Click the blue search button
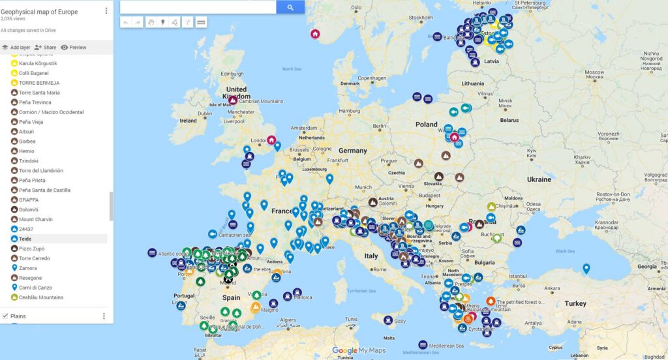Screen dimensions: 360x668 pos(290,7)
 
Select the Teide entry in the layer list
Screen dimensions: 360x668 pos(26,239)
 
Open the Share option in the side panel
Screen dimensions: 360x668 pos(45,47)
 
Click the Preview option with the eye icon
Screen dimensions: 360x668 pos(74,47)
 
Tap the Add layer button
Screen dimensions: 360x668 pos(16,47)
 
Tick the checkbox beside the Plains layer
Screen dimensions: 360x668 pos(5,316)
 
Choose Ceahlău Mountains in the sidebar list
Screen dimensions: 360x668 pos(40,297)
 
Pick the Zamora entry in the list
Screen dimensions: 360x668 pos(28,268)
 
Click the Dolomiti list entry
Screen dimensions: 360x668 pos(29,209)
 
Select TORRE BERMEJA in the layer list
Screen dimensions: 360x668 pos(39,83)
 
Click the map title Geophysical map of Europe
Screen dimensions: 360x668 pos(39,12)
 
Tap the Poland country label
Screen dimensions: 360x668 pos(427,124)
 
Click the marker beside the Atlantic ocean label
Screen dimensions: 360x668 pos(152,252)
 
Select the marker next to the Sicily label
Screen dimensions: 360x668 pos(388,320)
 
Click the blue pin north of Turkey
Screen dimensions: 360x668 pos(586,267)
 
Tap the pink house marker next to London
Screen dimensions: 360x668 pos(271,140)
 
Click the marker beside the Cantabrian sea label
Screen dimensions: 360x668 pos(212,233)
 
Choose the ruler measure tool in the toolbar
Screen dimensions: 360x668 pos(201,22)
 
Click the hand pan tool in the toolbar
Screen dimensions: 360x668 pos(150,22)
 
